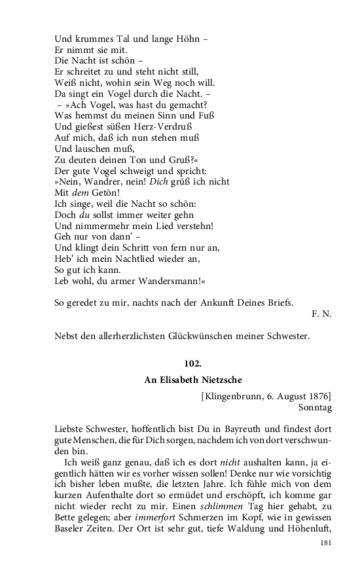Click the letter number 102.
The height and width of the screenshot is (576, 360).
pyautogui.click(x=193, y=364)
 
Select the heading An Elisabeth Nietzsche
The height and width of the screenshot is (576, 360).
pyautogui.click(x=193, y=379)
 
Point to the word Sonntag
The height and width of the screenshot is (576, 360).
pyautogui.click(x=315, y=407)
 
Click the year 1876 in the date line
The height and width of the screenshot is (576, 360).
pyautogui.click(x=315, y=395)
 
